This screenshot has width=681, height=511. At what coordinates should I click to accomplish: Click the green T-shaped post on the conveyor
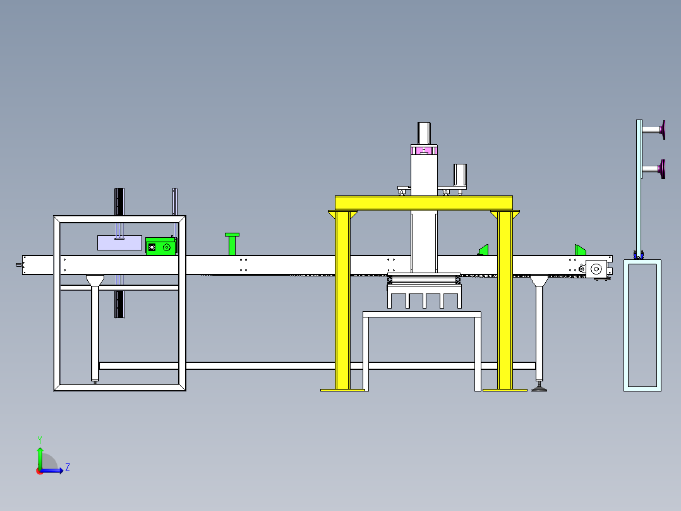pyautogui.click(x=232, y=244)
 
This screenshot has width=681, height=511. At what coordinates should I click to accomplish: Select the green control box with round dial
pyautogui.click(x=160, y=246)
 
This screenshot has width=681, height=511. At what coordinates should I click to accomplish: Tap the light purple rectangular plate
pyautogui.click(x=119, y=243)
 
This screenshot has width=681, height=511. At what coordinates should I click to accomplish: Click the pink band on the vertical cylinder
pyautogui.click(x=424, y=151)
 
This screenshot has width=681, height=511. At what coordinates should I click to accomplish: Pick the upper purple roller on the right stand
pyautogui.click(x=662, y=130)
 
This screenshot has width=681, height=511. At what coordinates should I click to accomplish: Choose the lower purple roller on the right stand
pyautogui.click(x=662, y=169)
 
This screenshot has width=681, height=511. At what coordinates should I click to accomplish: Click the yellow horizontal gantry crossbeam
pyautogui.click(x=423, y=203)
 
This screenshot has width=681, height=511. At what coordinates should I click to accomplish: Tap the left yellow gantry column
pyautogui.click(x=342, y=300)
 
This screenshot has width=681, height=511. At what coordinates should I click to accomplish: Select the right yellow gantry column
pyautogui.click(x=505, y=300)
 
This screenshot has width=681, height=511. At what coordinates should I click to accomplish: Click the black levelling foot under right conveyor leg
pyautogui.click(x=539, y=388)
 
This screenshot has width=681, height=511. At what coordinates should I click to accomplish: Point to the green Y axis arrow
pyautogui.click(x=40, y=455)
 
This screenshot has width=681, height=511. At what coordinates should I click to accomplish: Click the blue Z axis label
pyautogui.click(x=68, y=467)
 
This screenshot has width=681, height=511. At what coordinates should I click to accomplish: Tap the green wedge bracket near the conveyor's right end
pyautogui.click(x=580, y=250)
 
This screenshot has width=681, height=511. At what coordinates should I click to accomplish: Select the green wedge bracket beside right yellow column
pyautogui.click(x=483, y=250)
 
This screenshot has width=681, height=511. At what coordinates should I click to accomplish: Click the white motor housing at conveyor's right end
pyautogui.click(x=596, y=269)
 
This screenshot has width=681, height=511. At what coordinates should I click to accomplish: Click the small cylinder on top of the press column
pyautogui.click(x=424, y=133)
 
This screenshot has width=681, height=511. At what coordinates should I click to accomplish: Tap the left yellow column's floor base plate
pyautogui.click(x=342, y=390)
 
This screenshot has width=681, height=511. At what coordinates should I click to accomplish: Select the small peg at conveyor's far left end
pyautogui.click(x=19, y=265)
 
